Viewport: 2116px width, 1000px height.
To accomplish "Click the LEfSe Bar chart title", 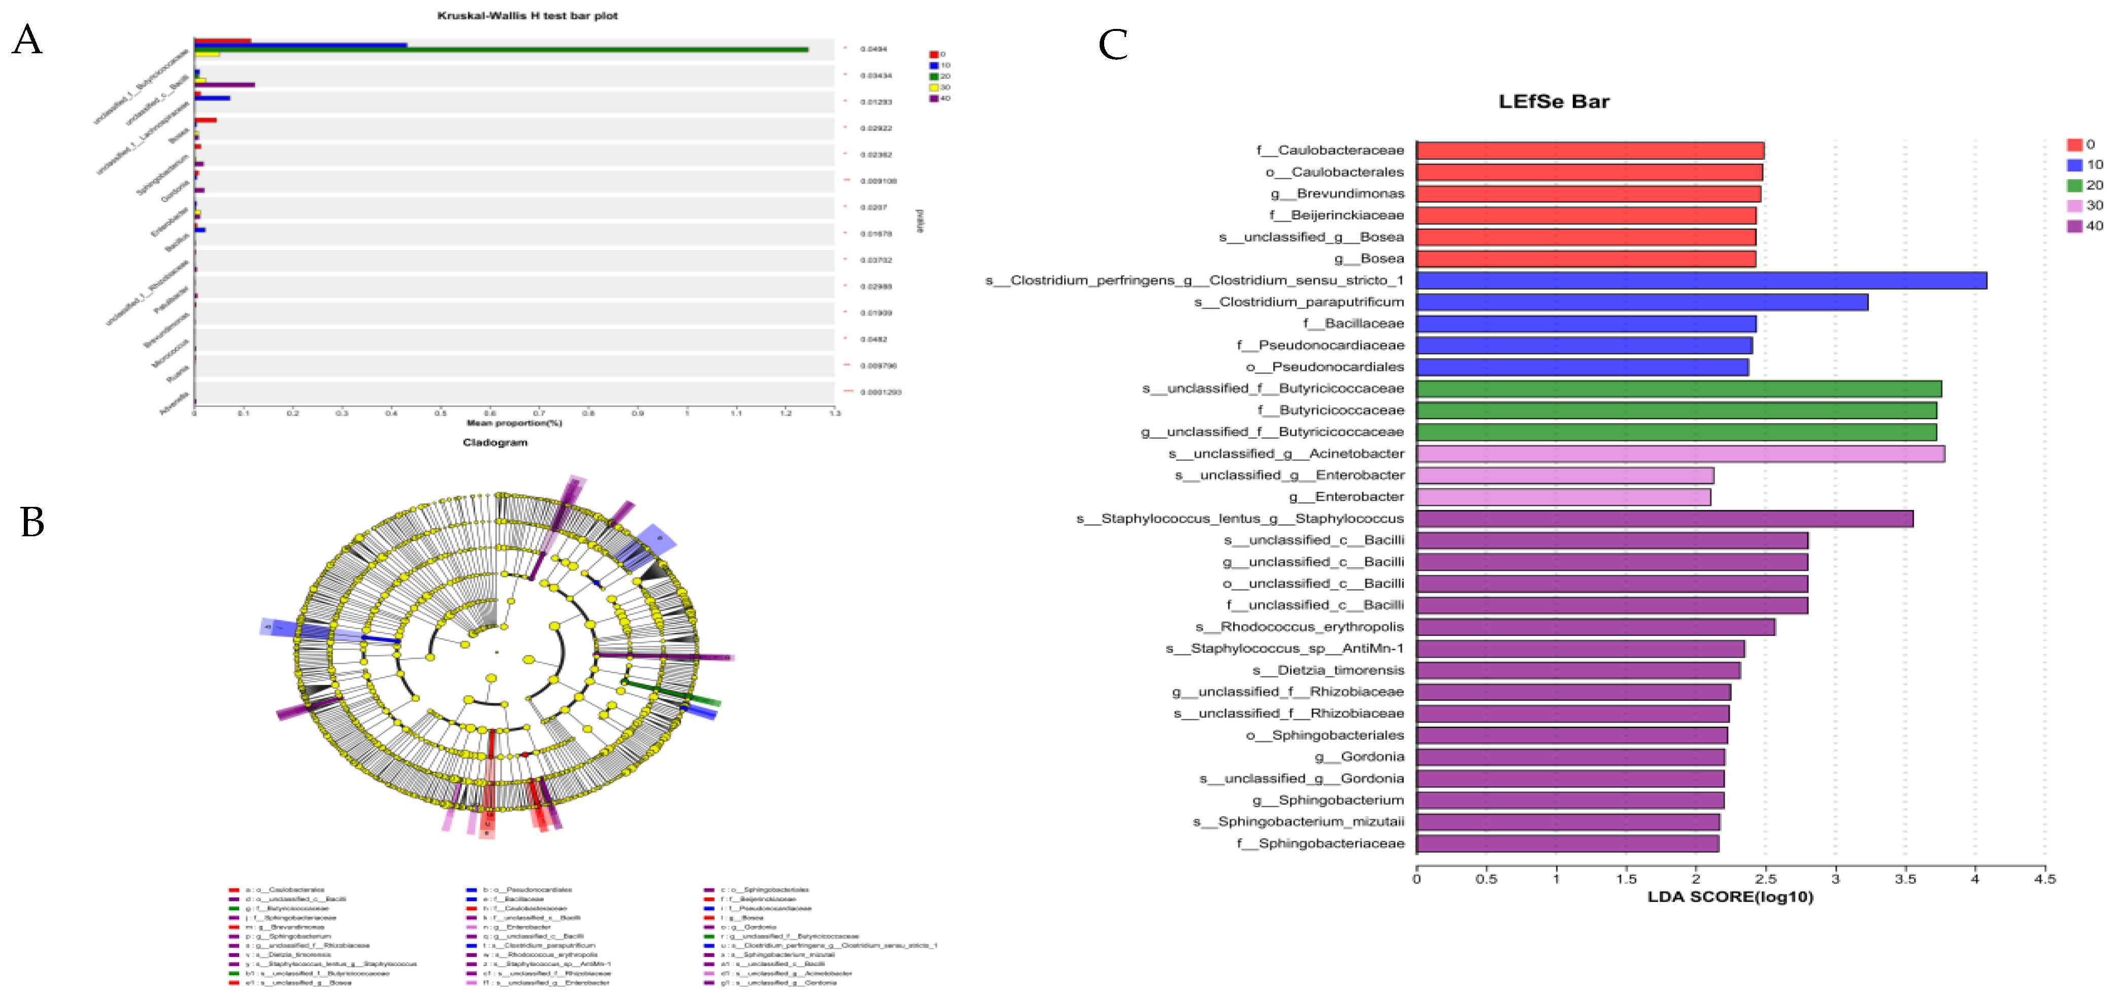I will click(x=1553, y=102).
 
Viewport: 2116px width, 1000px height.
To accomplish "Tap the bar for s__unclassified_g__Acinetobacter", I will click(x=1680, y=453).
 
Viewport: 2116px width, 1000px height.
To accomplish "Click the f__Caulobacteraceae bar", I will click(x=1590, y=150).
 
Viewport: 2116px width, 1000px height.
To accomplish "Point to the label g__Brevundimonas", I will click(x=1337, y=194).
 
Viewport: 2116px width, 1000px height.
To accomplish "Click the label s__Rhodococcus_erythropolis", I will click(x=1300, y=627).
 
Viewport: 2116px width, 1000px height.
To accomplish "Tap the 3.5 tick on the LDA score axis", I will click(x=1906, y=879).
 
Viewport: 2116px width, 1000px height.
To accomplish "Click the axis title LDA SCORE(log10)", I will click(x=1730, y=896).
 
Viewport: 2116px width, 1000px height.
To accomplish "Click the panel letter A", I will click(x=27, y=40).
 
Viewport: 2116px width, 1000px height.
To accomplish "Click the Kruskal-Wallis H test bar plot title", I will click(x=527, y=16).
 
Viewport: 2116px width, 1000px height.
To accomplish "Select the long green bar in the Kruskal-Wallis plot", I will click(x=501, y=49).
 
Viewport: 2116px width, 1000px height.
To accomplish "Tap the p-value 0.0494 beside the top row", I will click(x=873, y=49).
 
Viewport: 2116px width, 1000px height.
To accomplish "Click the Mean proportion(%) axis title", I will click(x=514, y=423).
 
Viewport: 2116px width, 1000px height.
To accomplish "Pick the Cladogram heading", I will click(x=494, y=442).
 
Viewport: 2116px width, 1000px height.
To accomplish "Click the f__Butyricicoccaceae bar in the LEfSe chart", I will click(x=1676, y=409).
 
